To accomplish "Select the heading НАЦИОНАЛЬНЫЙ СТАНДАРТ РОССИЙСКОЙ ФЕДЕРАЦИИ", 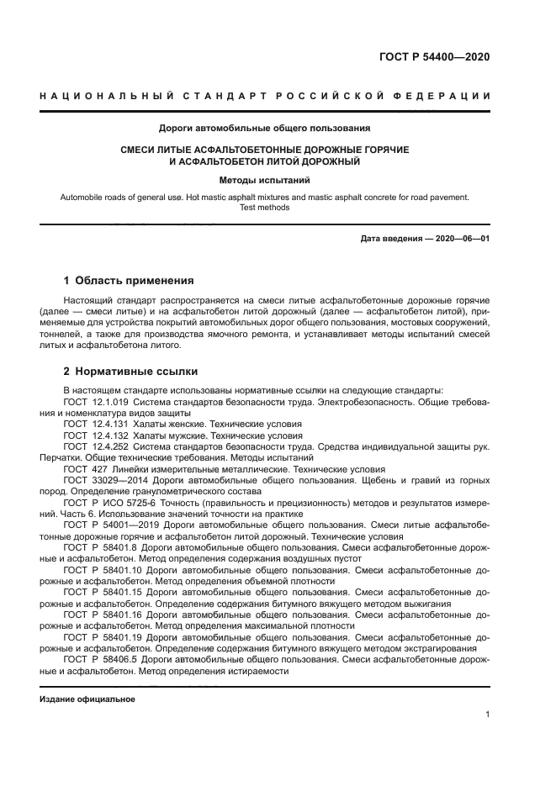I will [265, 96].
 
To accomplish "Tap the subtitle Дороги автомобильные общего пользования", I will [265, 129].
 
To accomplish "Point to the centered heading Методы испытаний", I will [265, 180].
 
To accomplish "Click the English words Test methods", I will [265, 207].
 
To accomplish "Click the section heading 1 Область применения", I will [129, 281].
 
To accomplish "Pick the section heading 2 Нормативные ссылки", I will [131, 371].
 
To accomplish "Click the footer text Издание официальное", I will [87, 699].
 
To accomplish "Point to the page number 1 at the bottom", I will [487, 715].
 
